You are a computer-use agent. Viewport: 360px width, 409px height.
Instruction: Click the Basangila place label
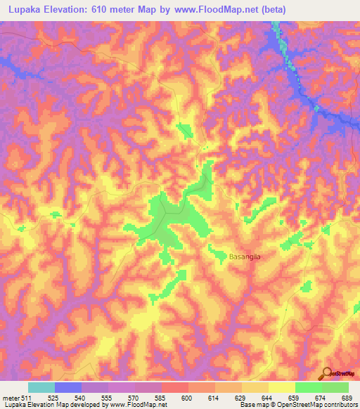(245, 257)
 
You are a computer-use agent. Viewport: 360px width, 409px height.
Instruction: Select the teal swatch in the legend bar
(41, 387)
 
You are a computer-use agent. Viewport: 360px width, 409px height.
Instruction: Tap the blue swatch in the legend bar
(67, 387)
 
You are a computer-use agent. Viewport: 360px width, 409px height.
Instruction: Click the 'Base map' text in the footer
(253, 405)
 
